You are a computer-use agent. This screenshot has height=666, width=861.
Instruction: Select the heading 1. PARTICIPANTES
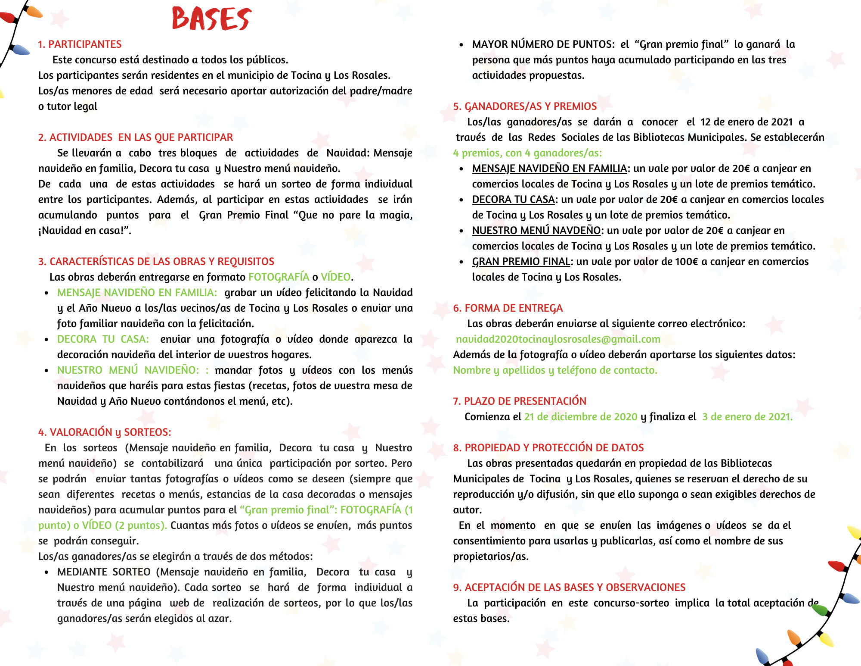click(80, 44)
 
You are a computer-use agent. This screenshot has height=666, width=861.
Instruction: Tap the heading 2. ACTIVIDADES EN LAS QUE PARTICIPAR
click(136, 138)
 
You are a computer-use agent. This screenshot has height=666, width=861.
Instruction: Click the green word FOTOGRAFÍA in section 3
click(279, 277)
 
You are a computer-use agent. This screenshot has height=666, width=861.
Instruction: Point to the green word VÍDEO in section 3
click(335, 277)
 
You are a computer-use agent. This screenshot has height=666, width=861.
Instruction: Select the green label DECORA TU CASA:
click(103, 339)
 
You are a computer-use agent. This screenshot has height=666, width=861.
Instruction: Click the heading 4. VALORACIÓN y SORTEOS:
click(105, 432)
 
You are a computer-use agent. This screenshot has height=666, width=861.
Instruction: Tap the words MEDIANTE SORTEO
click(104, 572)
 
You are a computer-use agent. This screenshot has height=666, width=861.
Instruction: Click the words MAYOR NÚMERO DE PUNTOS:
click(543, 44)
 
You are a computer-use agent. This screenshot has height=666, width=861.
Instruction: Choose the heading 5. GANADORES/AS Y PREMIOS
click(525, 106)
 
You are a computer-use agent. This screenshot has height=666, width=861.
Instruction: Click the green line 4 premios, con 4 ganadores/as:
click(527, 153)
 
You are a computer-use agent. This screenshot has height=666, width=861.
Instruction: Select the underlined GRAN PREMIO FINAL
click(521, 262)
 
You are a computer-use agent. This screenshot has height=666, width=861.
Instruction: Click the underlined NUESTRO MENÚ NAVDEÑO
click(536, 231)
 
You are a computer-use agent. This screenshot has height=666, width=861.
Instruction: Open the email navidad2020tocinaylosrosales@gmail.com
click(558, 339)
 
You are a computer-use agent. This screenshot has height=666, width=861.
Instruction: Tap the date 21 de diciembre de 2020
click(580, 417)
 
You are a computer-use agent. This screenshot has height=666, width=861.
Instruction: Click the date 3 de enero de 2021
click(747, 417)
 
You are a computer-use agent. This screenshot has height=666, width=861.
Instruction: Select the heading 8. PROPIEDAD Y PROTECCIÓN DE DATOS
click(548, 448)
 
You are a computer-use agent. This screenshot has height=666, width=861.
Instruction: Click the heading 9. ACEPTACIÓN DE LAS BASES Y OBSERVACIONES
click(569, 588)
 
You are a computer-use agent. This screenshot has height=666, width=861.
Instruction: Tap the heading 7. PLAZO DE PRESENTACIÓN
click(520, 401)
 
